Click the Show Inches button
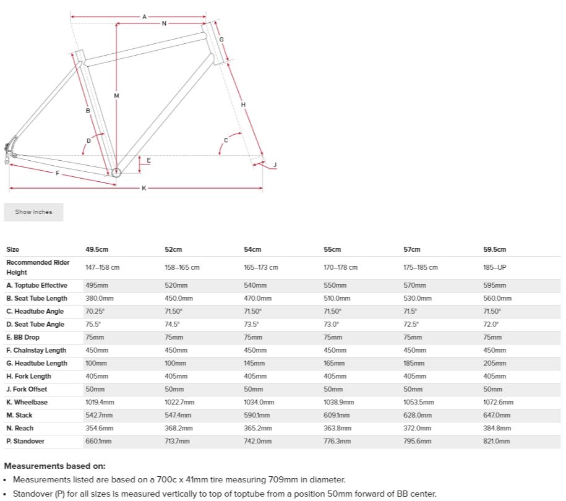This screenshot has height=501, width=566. (33, 212)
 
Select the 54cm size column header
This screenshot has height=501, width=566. (252, 249)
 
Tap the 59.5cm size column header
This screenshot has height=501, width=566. (494, 249)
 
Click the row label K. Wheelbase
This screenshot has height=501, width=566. (27, 402)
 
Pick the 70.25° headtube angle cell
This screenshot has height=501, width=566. (93, 311)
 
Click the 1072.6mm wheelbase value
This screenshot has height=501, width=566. (498, 402)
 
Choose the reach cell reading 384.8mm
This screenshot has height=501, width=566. (496, 428)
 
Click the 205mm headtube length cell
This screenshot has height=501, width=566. (494, 363)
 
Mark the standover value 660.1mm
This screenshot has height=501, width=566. (98, 441)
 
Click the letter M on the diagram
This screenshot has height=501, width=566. (116, 95)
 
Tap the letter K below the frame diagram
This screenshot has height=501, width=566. (144, 188)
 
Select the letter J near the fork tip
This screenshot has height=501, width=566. (275, 165)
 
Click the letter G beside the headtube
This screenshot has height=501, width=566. (221, 40)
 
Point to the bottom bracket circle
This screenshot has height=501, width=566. (116, 171)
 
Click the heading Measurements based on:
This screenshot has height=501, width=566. (55, 466)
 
